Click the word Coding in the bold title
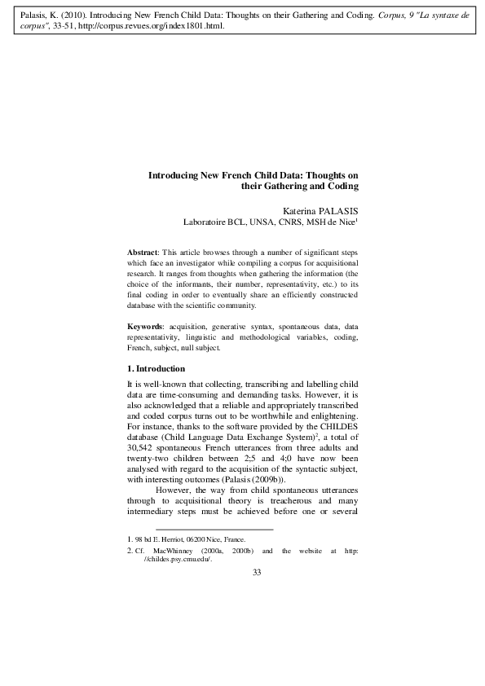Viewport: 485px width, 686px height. [342, 186]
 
